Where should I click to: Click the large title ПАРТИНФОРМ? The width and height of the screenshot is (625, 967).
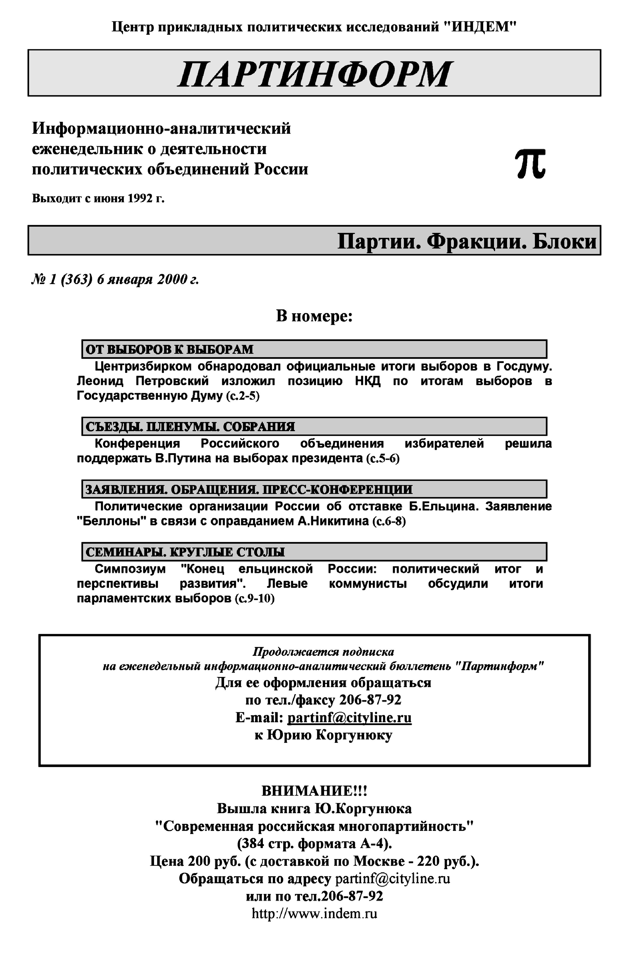point(315,74)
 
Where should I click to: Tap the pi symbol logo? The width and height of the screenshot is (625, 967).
point(530,164)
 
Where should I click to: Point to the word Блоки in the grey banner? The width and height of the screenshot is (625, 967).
point(564,241)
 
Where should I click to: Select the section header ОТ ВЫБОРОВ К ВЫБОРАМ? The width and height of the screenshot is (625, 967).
point(169,349)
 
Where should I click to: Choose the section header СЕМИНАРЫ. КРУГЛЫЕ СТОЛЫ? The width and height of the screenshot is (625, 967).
point(185,552)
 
